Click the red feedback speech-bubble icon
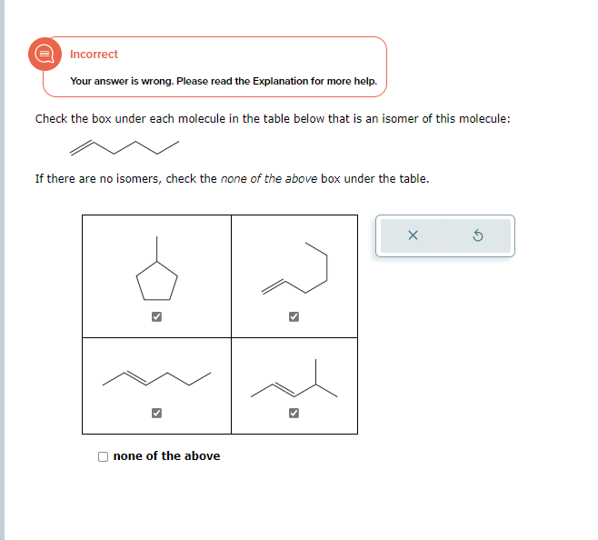click(43, 54)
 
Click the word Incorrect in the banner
click(94, 55)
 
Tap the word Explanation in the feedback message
click(278, 81)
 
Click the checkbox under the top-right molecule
click(294, 317)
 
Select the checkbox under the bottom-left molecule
click(156, 413)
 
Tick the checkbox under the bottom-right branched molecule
click(294, 413)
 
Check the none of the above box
click(104, 456)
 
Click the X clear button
click(413, 236)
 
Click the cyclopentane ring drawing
click(156, 282)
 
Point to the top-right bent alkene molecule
click(294, 269)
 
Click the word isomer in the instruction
click(399, 119)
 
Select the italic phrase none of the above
click(269, 178)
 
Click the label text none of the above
click(166, 456)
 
